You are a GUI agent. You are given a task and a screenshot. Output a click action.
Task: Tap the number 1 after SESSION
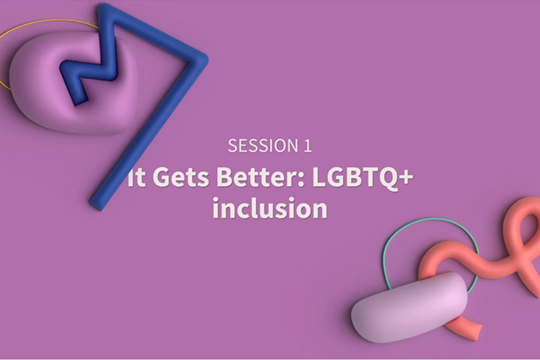(x=307, y=145)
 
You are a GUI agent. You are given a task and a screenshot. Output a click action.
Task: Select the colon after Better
(x=301, y=180)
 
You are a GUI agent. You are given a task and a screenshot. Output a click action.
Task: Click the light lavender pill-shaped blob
(x=409, y=307)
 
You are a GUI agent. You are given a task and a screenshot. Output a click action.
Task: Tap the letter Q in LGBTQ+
(x=386, y=178)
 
